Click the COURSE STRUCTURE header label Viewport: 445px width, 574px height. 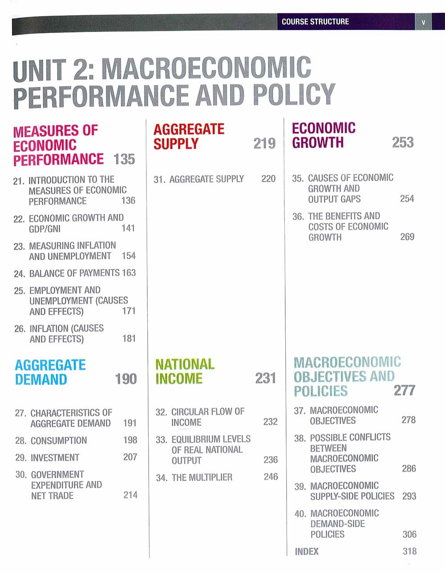pos(315,21)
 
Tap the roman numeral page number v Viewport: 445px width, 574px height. pos(423,22)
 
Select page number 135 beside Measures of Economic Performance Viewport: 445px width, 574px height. pos(124,159)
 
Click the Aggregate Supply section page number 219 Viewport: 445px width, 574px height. pos(264,143)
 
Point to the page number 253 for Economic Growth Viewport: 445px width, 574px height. pos(403,142)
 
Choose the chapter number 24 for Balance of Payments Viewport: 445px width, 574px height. pos(19,273)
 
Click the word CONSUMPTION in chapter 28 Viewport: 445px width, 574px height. pos(59,440)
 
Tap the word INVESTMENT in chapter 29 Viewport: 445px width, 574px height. pos(55,457)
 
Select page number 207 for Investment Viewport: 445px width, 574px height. pos(130,457)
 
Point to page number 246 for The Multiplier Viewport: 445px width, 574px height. pos(271,476)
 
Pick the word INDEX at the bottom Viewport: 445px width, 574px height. pos(307,551)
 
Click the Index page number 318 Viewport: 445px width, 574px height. pos(409,551)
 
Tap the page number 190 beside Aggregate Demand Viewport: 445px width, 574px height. pos(126,379)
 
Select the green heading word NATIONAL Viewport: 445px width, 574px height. pos(185,364)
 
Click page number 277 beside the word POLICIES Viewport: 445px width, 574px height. pos(405,391)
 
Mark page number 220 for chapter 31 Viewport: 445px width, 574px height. pos(268,179)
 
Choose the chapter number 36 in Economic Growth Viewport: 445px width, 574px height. pos(298,217)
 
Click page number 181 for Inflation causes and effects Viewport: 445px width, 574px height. pos(129,338)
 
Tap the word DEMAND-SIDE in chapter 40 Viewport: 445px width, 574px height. pos(337,524)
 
